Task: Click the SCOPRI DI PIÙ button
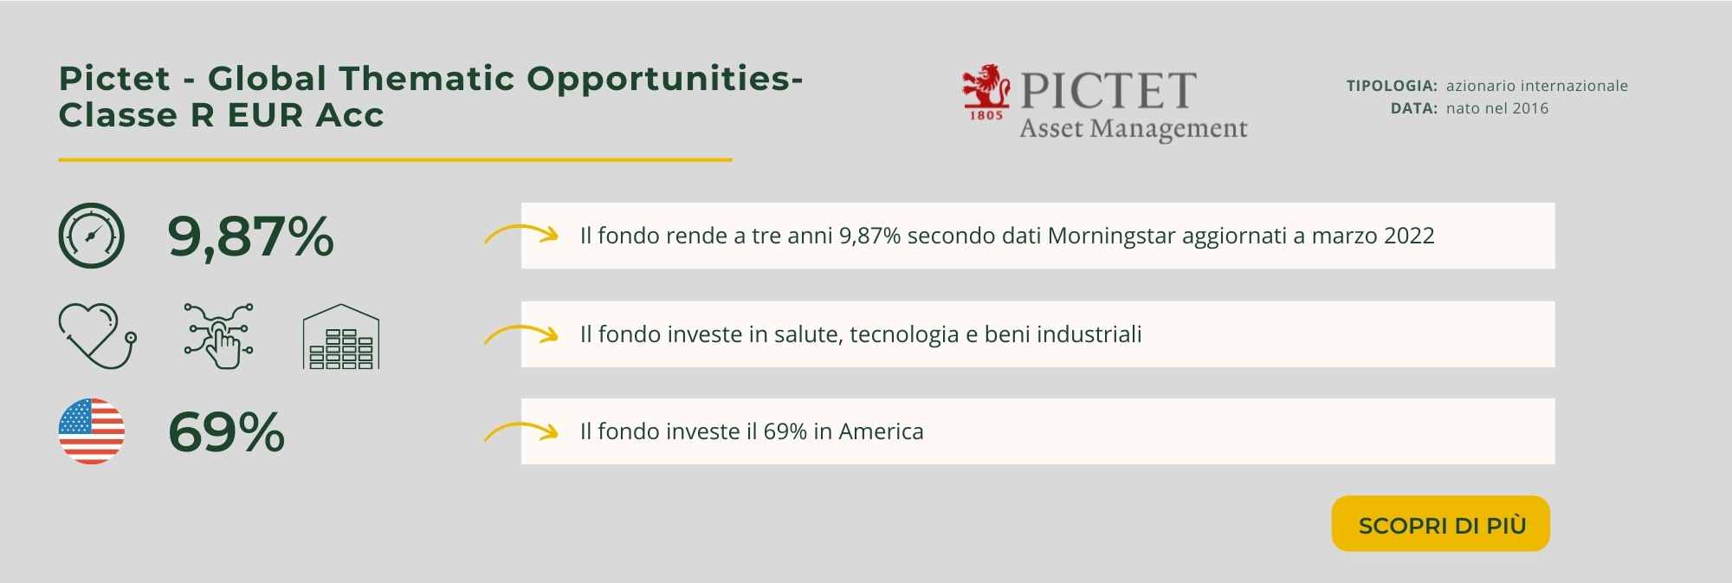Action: point(1440,524)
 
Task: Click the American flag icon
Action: point(92,431)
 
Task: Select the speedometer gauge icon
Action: point(92,236)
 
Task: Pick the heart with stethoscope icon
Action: point(97,335)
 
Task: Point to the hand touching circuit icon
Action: point(219,335)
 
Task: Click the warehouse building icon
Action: point(341,336)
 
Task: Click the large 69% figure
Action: point(226,431)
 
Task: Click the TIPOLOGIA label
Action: point(1392,86)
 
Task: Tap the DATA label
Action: point(1414,108)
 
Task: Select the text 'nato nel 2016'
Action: point(1497,108)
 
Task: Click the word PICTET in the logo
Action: point(1108,90)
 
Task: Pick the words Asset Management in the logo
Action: point(1134,129)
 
